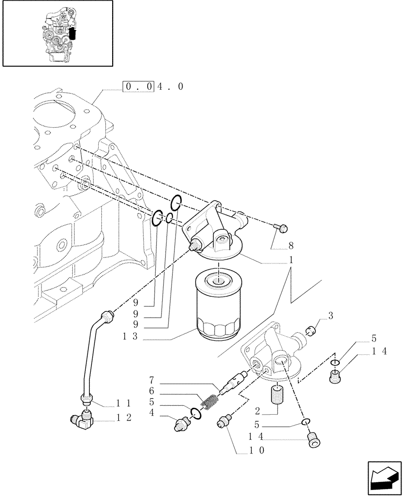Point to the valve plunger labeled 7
pyautogui.click(x=234, y=382)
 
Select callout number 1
pyautogui.click(x=291, y=260)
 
